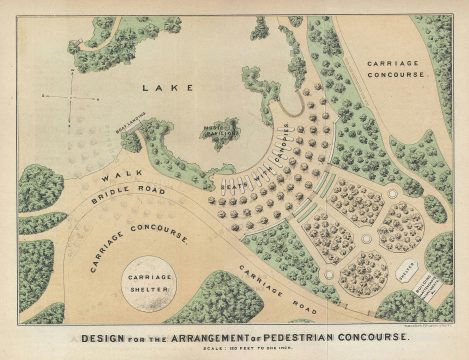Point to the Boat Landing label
point(129,126)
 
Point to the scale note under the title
point(236,347)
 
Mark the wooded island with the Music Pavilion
point(221,132)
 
